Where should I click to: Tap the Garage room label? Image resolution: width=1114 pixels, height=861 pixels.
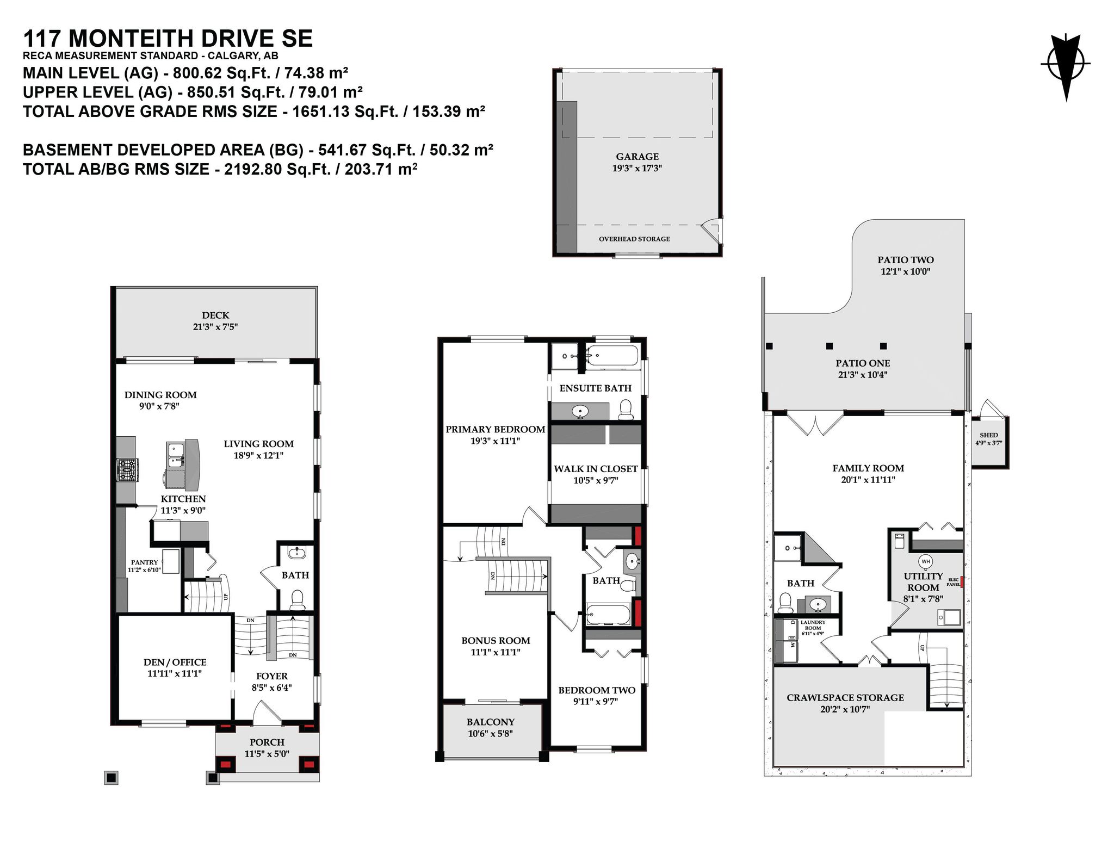637,157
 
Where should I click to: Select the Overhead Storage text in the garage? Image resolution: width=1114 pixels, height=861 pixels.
634,239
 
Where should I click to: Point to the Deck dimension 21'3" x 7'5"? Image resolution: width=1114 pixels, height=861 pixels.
215,327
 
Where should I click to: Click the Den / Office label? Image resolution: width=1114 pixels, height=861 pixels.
175,662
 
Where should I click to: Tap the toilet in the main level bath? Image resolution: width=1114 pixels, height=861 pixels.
297,600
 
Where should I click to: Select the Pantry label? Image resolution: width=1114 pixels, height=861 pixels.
144,562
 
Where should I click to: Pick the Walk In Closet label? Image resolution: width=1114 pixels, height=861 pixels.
596,468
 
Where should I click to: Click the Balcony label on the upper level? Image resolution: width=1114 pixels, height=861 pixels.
490,722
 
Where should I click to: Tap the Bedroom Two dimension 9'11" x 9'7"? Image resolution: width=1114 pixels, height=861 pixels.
596,702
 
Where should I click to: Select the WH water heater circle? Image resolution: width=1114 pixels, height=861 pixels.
926,561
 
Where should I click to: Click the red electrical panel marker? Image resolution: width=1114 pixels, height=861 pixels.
961,582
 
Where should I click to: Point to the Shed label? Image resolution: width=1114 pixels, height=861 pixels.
988,435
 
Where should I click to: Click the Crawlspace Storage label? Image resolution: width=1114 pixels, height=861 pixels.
845,697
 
